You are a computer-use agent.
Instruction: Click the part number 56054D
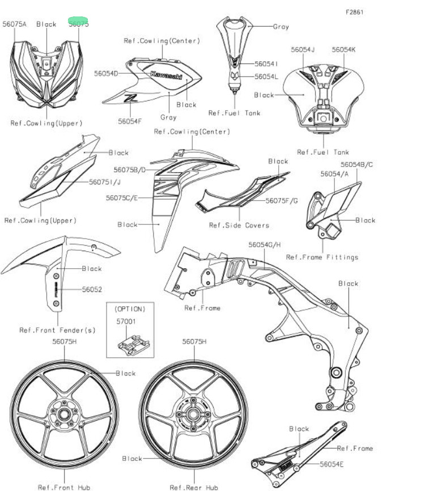point(106,74)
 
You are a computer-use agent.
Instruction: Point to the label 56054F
point(130,121)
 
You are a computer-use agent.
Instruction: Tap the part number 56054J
point(303,50)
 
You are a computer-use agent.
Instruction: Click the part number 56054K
point(344,50)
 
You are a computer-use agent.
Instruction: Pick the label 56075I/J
point(105,182)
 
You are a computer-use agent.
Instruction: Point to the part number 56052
point(92,289)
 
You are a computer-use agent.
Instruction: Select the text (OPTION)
point(130,309)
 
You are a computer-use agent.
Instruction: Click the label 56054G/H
point(265,245)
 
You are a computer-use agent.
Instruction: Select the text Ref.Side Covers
point(239,225)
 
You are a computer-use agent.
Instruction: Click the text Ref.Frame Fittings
point(322,257)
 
